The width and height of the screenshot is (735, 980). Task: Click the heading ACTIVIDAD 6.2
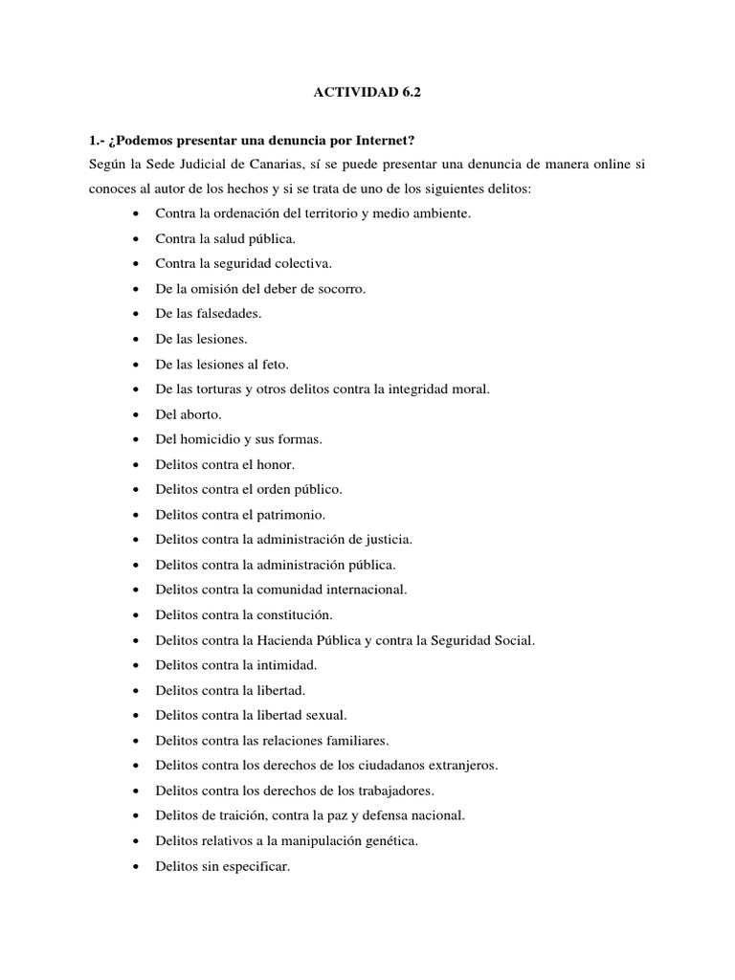367,94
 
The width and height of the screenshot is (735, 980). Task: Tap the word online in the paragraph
601,165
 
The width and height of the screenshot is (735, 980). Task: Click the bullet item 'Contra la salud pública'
225,238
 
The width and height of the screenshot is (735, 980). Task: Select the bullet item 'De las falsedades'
208,313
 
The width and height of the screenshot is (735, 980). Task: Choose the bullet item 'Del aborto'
188,414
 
